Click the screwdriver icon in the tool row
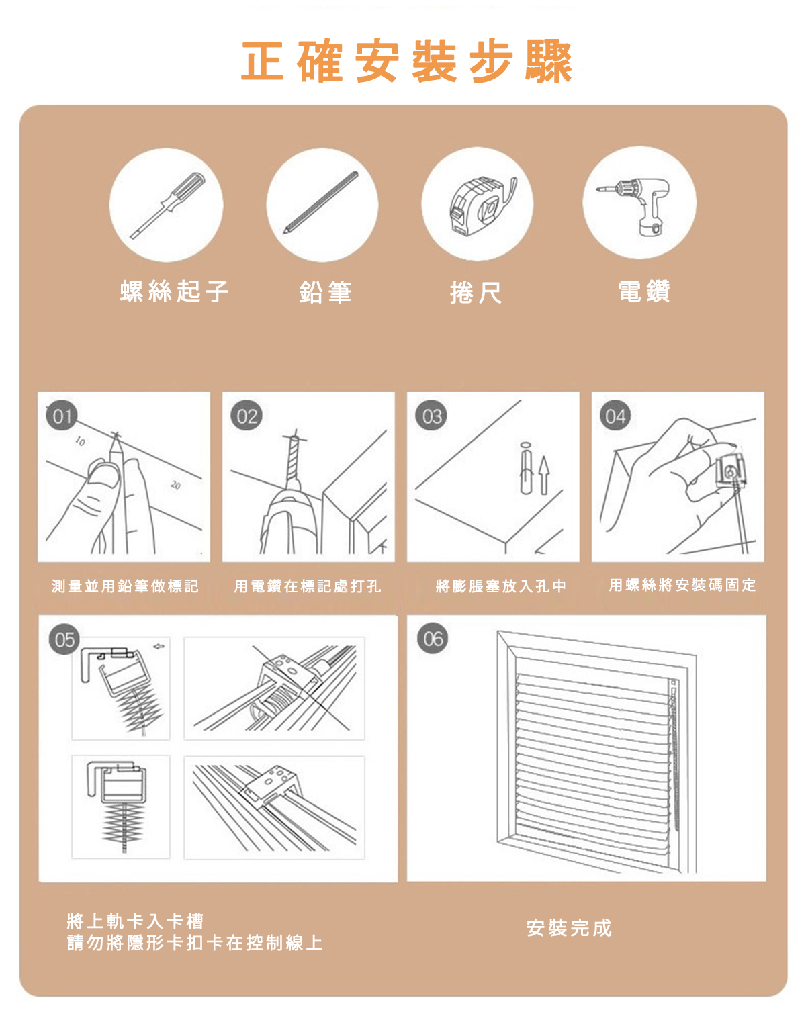coord(167,205)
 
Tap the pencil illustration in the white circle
coord(321,202)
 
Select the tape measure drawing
coord(481,206)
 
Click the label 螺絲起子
coord(175,291)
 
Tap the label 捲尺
coord(476,293)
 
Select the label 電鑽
coord(643,291)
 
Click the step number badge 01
coord(62,416)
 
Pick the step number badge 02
coord(247,416)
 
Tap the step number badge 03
coord(431,416)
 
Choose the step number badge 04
coord(615,416)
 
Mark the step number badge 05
coord(64,639)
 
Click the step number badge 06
coord(433,639)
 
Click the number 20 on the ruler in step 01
coord(175,485)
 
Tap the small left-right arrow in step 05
coord(159,647)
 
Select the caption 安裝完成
coord(569,928)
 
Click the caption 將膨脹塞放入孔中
coord(500,586)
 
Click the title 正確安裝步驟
coord(407,62)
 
